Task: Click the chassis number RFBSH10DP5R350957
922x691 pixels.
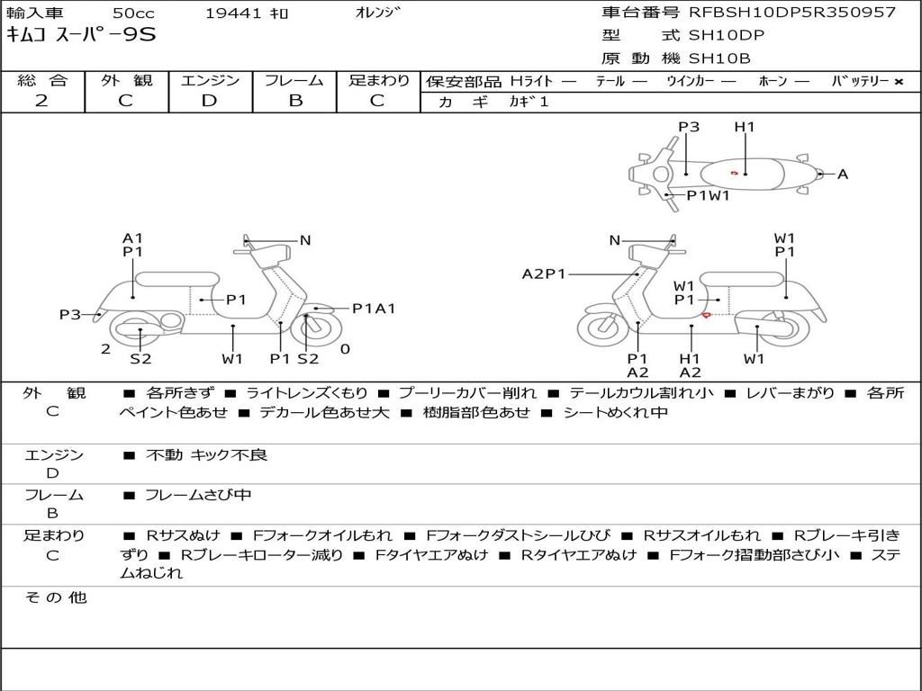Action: click(792, 13)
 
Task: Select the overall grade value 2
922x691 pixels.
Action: click(41, 101)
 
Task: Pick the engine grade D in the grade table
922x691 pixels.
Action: click(209, 101)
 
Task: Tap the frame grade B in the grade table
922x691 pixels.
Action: click(294, 101)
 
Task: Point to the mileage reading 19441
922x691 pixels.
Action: click(233, 13)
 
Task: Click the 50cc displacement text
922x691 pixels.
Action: click(132, 13)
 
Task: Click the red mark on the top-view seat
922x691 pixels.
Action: click(735, 173)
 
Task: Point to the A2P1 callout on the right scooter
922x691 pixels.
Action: click(544, 274)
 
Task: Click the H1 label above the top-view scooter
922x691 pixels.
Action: click(745, 127)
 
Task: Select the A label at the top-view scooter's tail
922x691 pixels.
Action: click(843, 174)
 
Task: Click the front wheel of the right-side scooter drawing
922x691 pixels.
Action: click(602, 329)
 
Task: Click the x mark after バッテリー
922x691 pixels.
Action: click(899, 81)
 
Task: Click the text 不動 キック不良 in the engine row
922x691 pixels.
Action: click(206, 455)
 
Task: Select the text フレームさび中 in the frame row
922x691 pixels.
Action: click(198, 495)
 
